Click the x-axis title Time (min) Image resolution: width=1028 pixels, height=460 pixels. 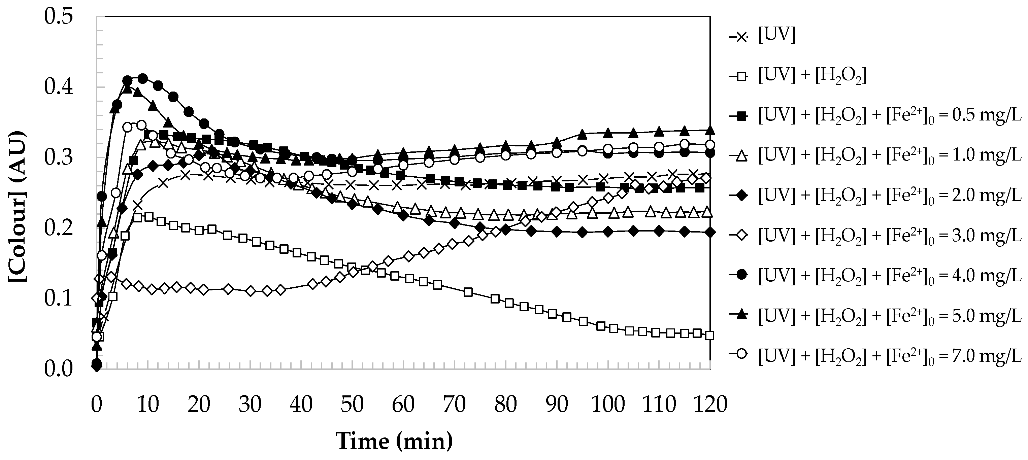click(x=394, y=441)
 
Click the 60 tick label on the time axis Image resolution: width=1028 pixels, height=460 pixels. click(x=403, y=404)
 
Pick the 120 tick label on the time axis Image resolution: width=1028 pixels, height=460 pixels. click(x=709, y=404)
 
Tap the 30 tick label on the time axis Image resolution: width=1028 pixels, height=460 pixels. click(x=250, y=404)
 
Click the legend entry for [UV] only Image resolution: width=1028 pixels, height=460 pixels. click(x=776, y=36)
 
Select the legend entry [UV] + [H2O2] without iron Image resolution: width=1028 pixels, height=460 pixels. click(x=812, y=76)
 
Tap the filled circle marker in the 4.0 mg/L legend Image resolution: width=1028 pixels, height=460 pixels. click(x=741, y=275)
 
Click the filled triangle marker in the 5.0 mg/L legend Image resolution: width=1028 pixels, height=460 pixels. click(x=741, y=315)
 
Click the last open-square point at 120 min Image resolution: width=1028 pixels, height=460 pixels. click(x=709, y=335)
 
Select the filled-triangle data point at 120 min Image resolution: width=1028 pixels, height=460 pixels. click(x=709, y=130)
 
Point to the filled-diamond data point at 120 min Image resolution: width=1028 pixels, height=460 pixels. click(x=709, y=233)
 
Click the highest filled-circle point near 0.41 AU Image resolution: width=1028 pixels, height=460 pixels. click(x=142, y=78)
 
